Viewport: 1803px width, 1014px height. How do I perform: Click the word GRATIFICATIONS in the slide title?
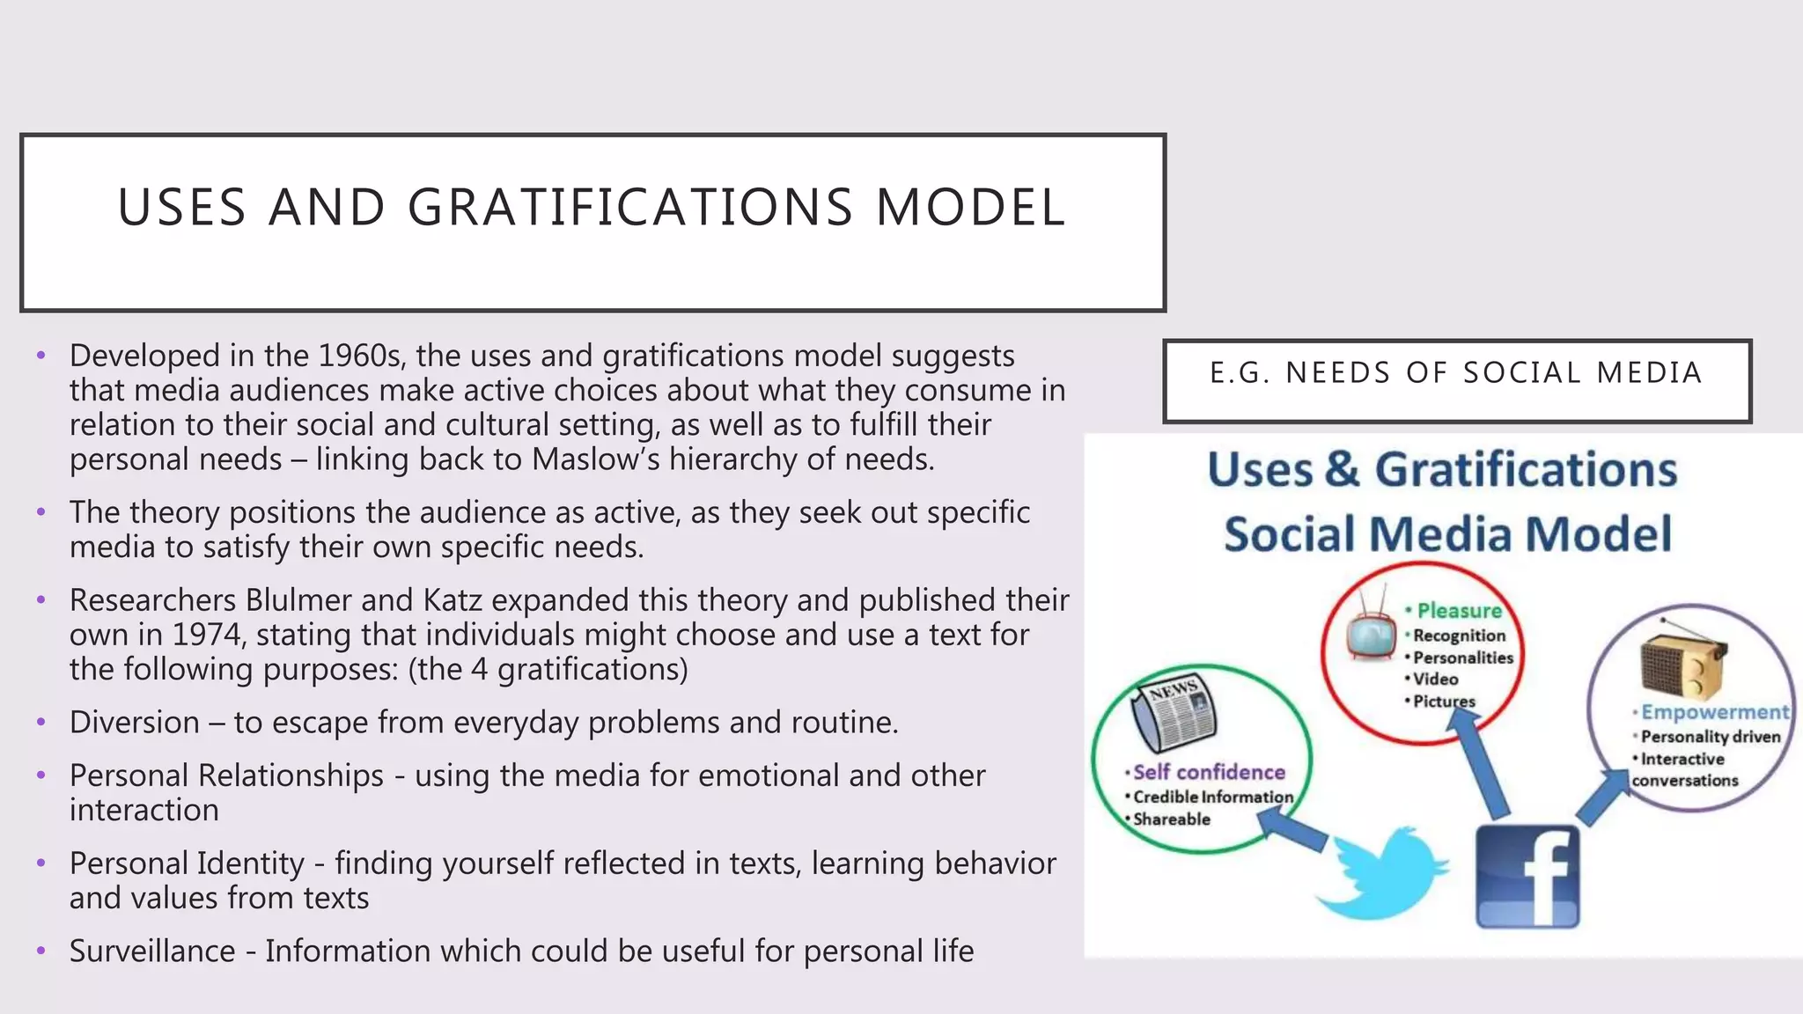[x=630, y=208]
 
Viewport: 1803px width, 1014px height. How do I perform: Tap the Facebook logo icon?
[x=1527, y=877]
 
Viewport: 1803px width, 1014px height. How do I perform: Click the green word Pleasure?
[x=1459, y=610]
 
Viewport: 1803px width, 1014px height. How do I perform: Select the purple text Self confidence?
[x=1209, y=772]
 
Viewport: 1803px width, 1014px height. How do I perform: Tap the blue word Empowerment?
[x=1715, y=712]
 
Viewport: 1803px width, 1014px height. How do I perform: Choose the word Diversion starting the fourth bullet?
[x=135, y=723]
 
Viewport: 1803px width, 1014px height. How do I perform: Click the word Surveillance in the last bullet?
[x=152, y=952]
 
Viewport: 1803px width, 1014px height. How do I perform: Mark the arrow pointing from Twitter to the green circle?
[x=1292, y=830]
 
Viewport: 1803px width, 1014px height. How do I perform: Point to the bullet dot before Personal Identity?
[x=40, y=863]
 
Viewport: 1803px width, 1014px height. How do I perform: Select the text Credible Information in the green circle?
[x=1213, y=797]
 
